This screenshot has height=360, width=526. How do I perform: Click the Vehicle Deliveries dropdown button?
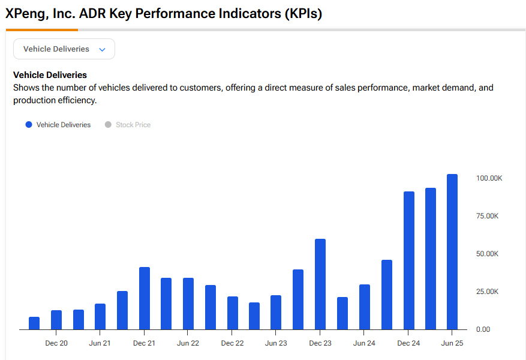pyautogui.click(x=64, y=49)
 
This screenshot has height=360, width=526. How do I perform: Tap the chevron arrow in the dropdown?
pyautogui.click(x=102, y=50)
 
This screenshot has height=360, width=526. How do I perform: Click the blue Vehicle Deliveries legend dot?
pyautogui.click(x=28, y=125)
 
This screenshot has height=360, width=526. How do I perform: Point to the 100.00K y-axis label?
pyautogui.click(x=488, y=178)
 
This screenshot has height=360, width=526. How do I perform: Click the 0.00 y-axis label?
pyautogui.click(x=483, y=329)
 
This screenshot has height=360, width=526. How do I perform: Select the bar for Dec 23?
pyautogui.click(x=320, y=284)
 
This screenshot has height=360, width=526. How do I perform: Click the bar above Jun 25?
pyautogui.click(x=452, y=252)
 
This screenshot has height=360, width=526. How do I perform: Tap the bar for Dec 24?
pyautogui.click(x=408, y=260)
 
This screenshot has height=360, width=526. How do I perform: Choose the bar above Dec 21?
pyautogui.click(x=144, y=298)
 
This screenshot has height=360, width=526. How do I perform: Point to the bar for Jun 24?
pyautogui.click(x=365, y=307)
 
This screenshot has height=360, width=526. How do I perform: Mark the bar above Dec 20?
pyautogui.click(x=56, y=320)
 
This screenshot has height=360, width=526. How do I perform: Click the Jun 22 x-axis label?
pyautogui.click(x=188, y=343)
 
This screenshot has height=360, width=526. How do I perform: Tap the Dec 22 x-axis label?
pyautogui.click(x=232, y=343)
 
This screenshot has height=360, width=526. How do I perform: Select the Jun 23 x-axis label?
pyautogui.click(x=276, y=343)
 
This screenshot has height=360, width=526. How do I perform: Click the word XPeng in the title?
pyautogui.click(x=25, y=14)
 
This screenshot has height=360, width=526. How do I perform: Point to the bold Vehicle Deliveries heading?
pyautogui.click(x=50, y=75)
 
